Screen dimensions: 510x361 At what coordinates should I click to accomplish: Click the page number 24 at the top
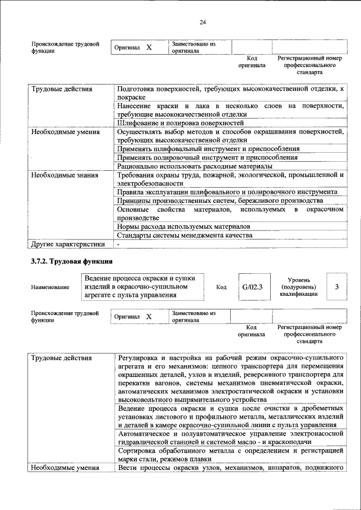click(202, 22)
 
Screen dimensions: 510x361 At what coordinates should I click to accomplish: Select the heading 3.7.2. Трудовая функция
click(72, 261)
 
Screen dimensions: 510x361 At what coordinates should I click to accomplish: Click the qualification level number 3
click(337, 287)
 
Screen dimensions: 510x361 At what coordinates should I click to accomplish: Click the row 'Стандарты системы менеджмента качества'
click(184, 236)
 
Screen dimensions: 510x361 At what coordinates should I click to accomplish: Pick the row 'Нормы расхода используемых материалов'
click(183, 227)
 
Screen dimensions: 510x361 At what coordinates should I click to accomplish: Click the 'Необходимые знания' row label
click(65, 175)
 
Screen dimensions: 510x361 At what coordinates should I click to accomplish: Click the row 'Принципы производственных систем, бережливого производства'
click(219, 201)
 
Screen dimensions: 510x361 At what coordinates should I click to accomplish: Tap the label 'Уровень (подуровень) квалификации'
click(297, 287)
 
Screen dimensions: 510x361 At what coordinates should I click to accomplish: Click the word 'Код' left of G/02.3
click(222, 287)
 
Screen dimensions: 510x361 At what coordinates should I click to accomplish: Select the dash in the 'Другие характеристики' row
click(118, 245)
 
